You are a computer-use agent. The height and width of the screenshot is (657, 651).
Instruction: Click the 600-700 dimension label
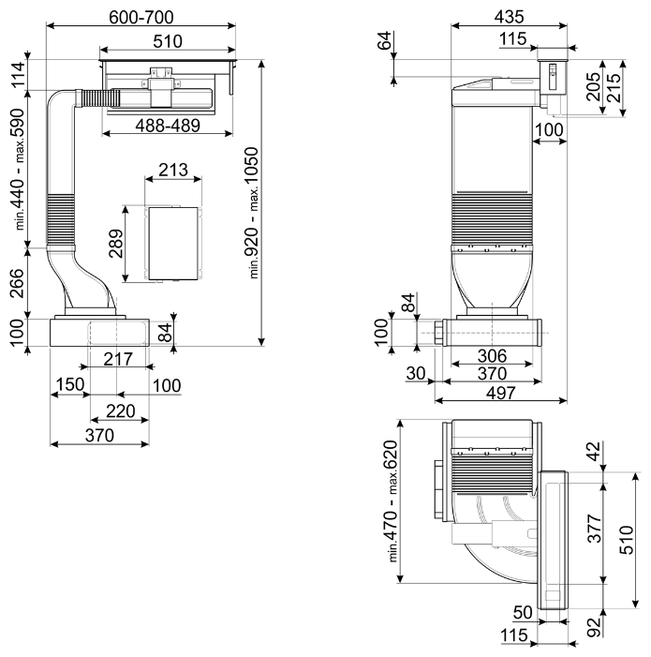click(141, 17)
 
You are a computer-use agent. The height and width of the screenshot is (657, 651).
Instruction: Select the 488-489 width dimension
click(168, 126)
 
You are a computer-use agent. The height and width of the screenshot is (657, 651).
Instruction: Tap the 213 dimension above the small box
click(173, 170)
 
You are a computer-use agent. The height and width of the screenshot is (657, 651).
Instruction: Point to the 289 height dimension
click(115, 244)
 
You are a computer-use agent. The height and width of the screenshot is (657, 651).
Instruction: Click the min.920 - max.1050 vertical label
click(253, 213)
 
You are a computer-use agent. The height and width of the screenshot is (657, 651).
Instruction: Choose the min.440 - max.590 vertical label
click(20, 169)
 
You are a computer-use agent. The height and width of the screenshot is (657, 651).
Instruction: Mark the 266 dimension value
click(17, 283)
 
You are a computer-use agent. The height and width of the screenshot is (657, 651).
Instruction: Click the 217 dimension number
click(118, 359)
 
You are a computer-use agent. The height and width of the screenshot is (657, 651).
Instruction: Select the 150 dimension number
click(70, 384)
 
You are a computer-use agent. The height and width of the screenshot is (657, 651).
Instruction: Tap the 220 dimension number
click(121, 411)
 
